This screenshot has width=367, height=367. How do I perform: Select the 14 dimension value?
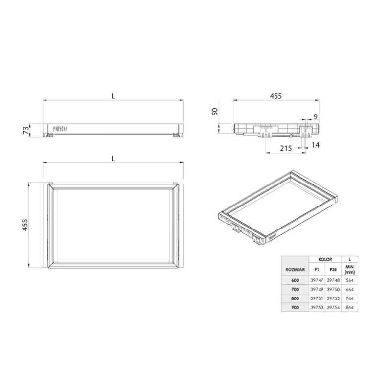tap(315, 145)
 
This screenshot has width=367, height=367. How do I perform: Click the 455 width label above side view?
tap(275, 96)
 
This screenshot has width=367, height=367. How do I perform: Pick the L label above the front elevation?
tap(113, 96)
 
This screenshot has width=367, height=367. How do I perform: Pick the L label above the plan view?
tap(113, 159)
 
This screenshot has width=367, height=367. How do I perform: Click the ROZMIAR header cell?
tap(295, 269)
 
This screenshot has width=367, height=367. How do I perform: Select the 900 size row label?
tap(295, 307)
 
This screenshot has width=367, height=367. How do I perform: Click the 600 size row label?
tap(295, 280)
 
